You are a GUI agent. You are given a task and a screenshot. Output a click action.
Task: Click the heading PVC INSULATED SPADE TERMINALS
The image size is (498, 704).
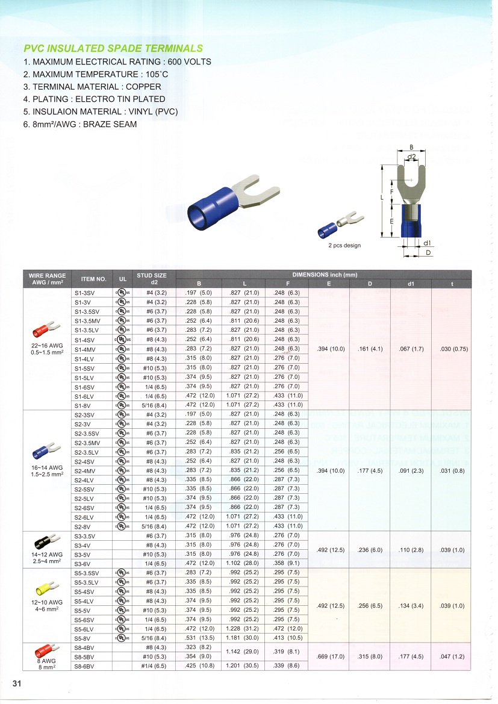(x=113, y=49)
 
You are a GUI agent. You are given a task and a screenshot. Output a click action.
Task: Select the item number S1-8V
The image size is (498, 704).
(x=82, y=405)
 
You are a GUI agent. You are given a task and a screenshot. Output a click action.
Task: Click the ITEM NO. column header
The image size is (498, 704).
(x=93, y=279)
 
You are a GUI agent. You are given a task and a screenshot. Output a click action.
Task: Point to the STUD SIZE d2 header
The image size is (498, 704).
(x=152, y=279)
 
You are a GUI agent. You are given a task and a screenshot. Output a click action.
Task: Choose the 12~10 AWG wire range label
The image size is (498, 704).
(x=47, y=602)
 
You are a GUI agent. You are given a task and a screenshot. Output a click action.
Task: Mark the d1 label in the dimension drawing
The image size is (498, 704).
(x=426, y=243)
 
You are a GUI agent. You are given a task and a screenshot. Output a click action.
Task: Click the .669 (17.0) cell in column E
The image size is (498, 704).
(x=328, y=656)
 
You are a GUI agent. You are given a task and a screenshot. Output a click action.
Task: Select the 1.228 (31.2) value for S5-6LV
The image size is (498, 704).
(x=244, y=628)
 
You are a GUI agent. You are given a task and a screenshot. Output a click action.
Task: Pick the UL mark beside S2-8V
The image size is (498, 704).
(x=122, y=526)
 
